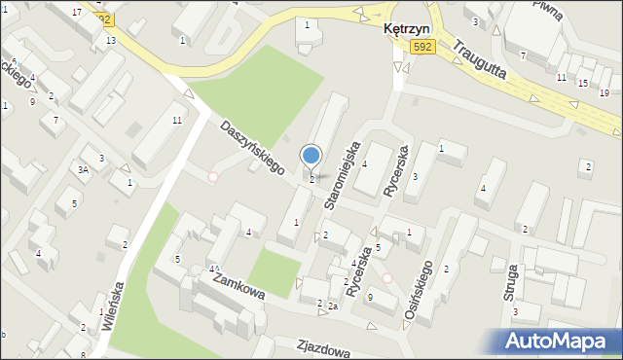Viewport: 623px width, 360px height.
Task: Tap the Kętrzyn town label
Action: (404, 30)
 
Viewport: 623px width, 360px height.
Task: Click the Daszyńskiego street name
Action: (250, 148)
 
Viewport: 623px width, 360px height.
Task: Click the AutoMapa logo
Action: (561, 341)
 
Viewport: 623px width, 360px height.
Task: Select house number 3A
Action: (84, 170)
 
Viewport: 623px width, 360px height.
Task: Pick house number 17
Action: (77, 11)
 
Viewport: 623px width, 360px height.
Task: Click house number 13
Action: (111, 40)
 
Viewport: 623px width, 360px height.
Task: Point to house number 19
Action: (604, 92)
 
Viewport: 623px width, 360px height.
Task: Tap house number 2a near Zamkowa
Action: (332, 306)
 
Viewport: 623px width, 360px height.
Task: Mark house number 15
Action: (582, 84)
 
